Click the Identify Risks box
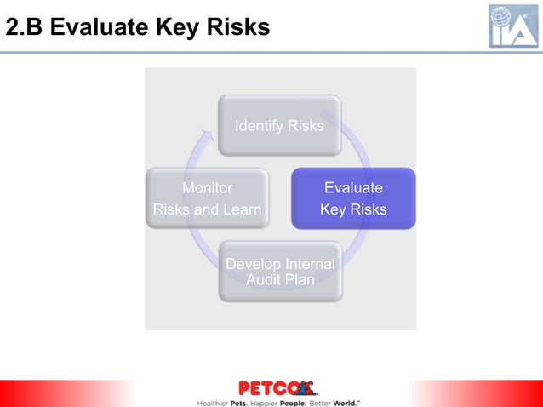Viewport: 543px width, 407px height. tap(280, 125)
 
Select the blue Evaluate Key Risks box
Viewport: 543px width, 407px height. tap(353, 198)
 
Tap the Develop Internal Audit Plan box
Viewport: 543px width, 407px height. tap(280, 272)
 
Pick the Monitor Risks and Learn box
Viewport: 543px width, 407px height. tap(207, 198)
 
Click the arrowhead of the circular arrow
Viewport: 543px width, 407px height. tap(205, 137)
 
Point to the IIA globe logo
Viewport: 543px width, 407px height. tap(513, 26)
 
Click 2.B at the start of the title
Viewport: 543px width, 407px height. tap(25, 28)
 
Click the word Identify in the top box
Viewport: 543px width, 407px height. tap(260, 126)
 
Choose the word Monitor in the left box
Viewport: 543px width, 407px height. tap(207, 187)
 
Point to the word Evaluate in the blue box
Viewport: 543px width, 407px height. tap(353, 187)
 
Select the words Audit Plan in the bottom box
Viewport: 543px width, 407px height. tap(280, 279)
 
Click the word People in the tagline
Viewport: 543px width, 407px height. tap(293, 401)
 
